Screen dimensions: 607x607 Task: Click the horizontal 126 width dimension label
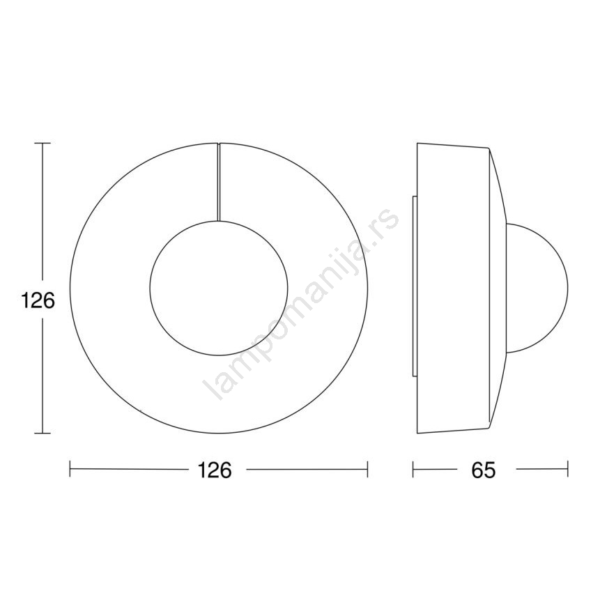pyautogui.click(x=215, y=470)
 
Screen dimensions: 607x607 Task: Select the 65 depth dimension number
pyautogui.click(x=484, y=470)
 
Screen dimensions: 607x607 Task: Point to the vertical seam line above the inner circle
pyautogui.click(x=219, y=182)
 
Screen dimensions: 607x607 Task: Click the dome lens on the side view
pyautogui.click(x=568, y=288)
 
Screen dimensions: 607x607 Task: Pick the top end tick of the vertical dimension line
pyautogui.click(x=43, y=144)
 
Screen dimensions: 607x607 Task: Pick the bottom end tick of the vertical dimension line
pyautogui.click(x=43, y=433)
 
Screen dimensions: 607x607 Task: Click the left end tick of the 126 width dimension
pyautogui.click(x=70, y=469)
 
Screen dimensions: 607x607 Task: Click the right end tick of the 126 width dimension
pyautogui.click(x=367, y=469)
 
